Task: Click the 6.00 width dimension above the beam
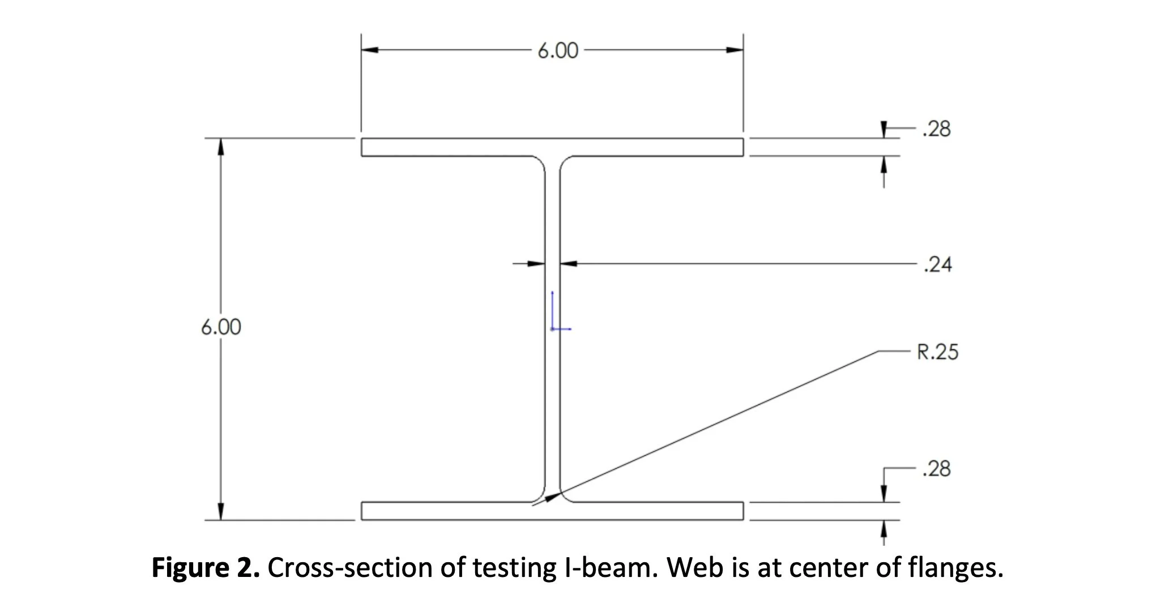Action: coord(558,51)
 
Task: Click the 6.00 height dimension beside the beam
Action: coord(221,327)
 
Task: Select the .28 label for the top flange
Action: coord(937,130)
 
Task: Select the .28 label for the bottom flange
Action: coord(937,469)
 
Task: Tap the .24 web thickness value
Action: coord(938,264)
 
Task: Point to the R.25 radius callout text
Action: coord(938,352)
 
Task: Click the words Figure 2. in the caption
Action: coord(206,568)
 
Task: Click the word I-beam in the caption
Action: coord(611,568)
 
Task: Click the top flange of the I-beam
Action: coord(552,147)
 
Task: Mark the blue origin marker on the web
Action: coord(553,327)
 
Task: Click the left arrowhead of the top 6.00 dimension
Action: coord(370,50)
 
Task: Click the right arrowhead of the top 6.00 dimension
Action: coord(735,50)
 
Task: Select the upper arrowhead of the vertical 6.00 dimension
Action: coord(221,146)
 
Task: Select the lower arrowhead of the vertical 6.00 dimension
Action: coord(221,511)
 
